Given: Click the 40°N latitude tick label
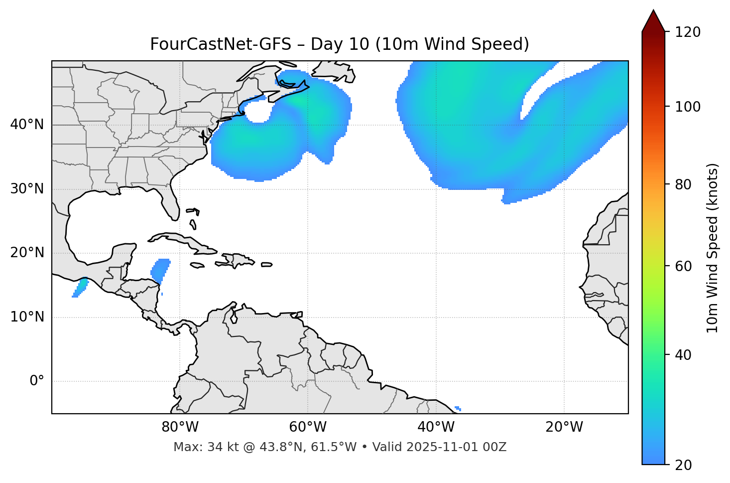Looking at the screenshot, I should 27,125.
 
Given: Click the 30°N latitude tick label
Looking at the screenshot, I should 27,189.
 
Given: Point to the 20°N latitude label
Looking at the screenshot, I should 27,253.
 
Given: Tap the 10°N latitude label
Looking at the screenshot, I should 27,317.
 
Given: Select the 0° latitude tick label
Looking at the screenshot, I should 36,381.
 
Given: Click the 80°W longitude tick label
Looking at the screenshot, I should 180,427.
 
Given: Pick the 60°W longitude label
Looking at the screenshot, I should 308,427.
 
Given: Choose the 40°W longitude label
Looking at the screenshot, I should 436,427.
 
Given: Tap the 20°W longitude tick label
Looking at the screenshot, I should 564,427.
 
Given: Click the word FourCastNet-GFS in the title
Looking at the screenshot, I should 220,44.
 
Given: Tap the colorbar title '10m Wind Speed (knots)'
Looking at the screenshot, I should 713,248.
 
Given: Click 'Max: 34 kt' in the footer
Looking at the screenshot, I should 196,447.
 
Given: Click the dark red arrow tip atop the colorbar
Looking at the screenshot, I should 653,20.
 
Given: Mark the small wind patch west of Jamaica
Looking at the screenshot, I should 160,271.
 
